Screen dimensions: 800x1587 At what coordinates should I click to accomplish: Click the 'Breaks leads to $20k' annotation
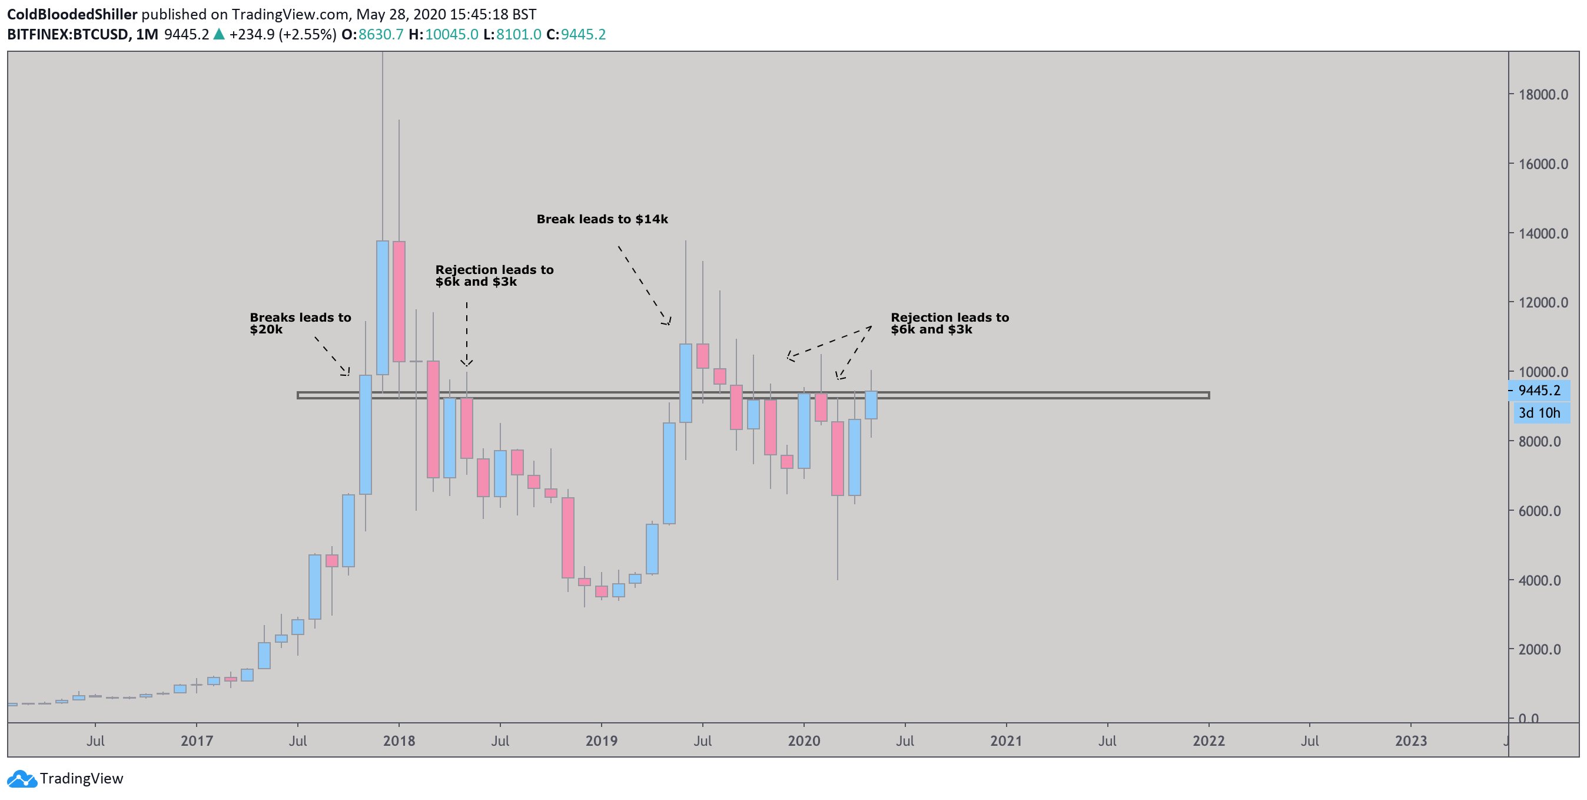(300, 323)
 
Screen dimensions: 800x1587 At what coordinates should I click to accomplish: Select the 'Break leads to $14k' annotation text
(602, 219)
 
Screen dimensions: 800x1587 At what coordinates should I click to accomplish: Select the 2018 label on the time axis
(399, 741)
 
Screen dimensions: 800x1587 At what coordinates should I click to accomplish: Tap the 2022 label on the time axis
(1208, 741)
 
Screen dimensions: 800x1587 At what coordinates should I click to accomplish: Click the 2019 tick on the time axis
(601, 741)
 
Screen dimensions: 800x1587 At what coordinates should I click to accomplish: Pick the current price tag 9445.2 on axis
(1539, 390)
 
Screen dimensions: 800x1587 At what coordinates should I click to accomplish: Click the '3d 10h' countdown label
(1539, 413)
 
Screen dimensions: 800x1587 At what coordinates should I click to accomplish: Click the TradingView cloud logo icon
(22, 779)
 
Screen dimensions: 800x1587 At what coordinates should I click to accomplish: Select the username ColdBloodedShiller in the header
(72, 14)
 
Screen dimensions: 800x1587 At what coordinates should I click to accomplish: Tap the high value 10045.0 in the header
(451, 35)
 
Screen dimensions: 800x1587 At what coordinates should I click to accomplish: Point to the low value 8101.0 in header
(518, 35)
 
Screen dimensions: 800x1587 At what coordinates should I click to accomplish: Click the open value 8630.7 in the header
(381, 35)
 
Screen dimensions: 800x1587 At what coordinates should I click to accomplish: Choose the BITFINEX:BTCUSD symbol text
(68, 35)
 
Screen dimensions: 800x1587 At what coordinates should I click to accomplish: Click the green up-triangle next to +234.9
(219, 35)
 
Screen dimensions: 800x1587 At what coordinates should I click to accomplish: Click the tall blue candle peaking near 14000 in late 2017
(383, 307)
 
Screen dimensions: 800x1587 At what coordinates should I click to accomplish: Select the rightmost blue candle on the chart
(871, 405)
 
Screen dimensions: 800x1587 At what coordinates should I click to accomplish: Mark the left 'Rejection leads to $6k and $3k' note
(494, 276)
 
